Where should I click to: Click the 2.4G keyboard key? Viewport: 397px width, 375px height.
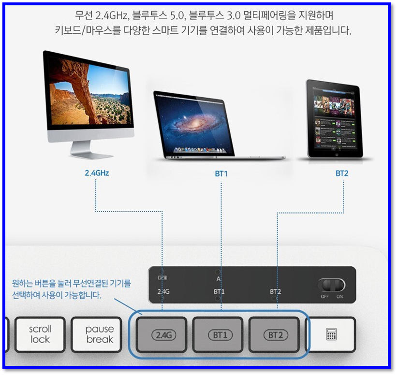point(162,334)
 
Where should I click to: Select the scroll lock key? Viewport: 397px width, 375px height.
point(40,334)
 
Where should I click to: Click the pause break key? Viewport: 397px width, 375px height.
point(99,334)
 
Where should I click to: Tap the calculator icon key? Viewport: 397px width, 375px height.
point(331,334)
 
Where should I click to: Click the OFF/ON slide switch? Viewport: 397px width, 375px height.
point(332,284)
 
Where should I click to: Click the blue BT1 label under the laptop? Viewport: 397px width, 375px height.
point(221,173)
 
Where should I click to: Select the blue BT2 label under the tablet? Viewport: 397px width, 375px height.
point(342,173)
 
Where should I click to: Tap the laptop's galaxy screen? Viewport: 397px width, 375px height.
point(194,124)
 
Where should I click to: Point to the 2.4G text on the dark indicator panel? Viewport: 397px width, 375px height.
point(163,292)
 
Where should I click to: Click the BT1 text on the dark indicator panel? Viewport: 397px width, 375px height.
point(219,292)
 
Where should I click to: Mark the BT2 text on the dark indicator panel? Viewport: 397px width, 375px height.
point(276,292)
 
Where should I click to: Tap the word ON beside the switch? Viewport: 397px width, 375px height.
point(339,296)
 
